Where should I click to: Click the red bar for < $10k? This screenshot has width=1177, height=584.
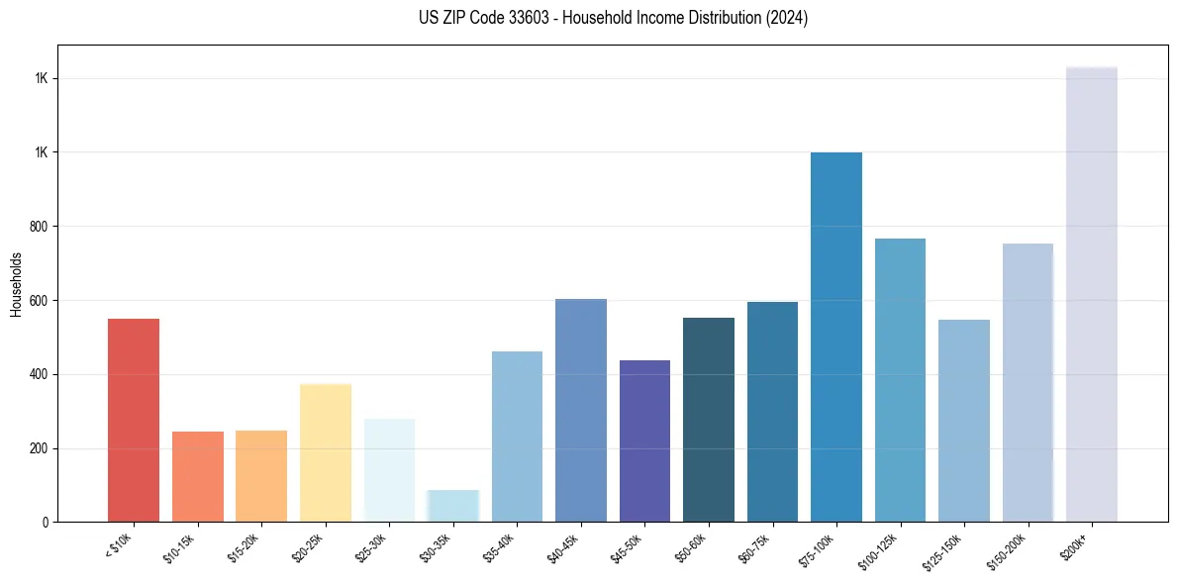134,421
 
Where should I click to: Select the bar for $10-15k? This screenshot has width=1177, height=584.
198,477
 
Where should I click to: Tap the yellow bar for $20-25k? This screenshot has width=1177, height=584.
326,453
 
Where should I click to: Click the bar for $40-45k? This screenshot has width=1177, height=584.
581,411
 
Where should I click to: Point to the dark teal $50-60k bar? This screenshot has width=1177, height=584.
709,421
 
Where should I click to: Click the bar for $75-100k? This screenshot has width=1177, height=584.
836,338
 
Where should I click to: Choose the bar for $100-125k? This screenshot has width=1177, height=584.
900,381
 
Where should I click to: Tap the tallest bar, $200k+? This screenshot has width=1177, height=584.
1092,295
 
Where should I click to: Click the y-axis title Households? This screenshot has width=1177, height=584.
16,284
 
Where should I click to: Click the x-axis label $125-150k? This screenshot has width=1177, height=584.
945,551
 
